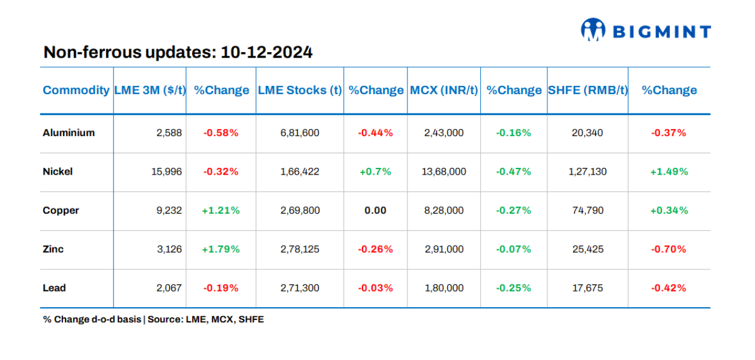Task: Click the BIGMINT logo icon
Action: (x=593, y=29)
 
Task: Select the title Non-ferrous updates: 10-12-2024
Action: (x=178, y=52)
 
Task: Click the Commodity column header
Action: (x=76, y=90)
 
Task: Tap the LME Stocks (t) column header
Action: (x=299, y=90)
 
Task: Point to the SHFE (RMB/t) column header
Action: (x=588, y=90)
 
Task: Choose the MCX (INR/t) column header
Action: (x=444, y=90)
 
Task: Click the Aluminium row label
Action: (x=68, y=133)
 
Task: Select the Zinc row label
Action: (x=53, y=249)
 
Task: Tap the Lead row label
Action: (x=54, y=288)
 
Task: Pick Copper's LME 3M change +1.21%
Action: (x=221, y=211)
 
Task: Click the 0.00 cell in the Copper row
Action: (x=375, y=211)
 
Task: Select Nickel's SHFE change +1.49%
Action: (x=669, y=172)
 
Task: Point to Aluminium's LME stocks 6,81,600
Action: (x=299, y=133)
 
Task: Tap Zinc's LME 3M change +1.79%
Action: (x=221, y=249)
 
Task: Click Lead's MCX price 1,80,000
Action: (x=444, y=288)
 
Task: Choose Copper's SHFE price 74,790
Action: (x=588, y=211)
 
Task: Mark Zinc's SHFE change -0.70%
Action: (x=669, y=249)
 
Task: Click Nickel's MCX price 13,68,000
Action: (x=444, y=172)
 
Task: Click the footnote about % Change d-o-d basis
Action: (x=153, y=319)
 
